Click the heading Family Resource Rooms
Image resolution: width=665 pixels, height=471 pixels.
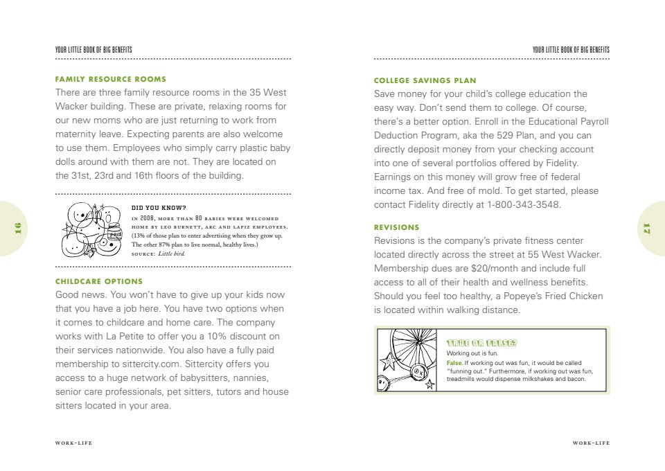(x=111, y=79)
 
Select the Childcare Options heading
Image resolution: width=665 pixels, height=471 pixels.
(x=99, y=281)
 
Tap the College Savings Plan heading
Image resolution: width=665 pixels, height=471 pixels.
(x=425, y=80)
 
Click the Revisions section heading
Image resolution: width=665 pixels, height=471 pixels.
(x=397, y=227)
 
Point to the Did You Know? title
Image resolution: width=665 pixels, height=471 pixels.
(x=159, y=207)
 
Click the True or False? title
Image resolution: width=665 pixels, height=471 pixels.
(x=483, y=343)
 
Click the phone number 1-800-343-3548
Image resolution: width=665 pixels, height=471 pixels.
(x=524, y=205)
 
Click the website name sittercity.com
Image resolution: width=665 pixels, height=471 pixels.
(x=141, y=364)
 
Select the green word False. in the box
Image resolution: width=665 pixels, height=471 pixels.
(x=454, y=363)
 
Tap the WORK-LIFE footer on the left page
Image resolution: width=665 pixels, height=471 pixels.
(x=73, y=442)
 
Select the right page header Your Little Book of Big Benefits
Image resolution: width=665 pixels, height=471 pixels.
(x=571, y=50)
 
